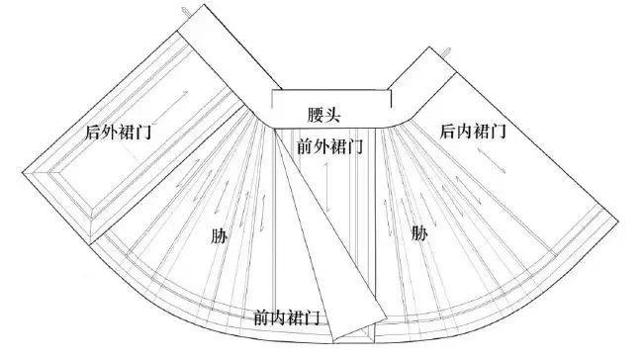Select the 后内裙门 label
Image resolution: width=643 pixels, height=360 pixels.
tap(474, 130)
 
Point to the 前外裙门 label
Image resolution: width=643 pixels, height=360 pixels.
tap(329, 146)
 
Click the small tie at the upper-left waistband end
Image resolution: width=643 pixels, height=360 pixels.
tap(185, 9)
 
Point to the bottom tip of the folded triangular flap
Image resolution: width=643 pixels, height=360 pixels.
tap(338, 336)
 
